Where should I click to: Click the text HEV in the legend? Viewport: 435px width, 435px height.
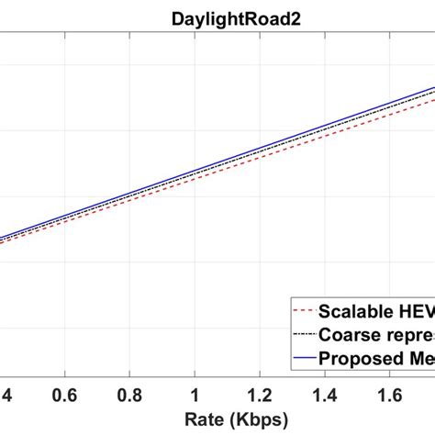415,312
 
